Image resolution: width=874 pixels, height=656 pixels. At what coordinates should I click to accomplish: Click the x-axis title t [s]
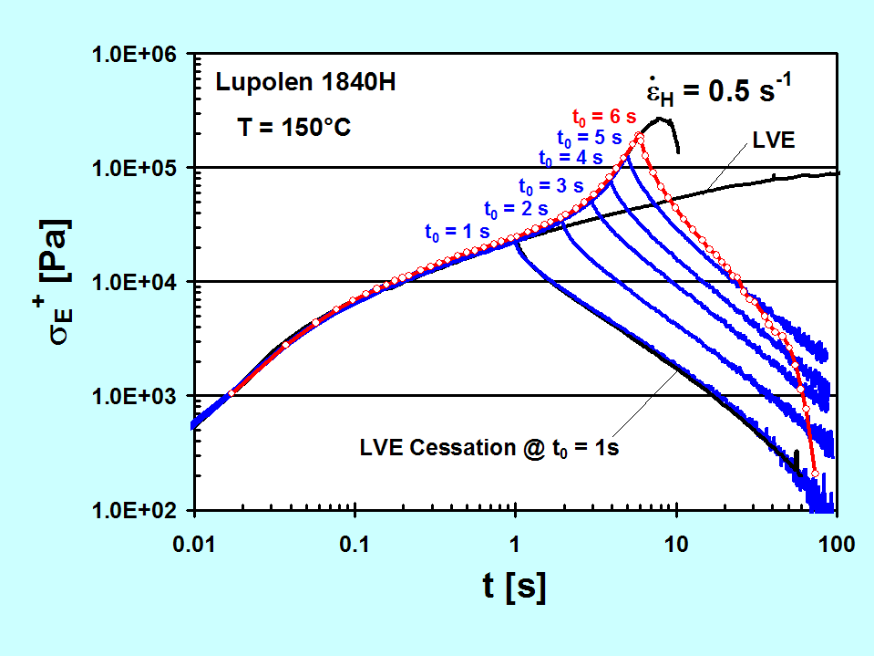coord(515,587)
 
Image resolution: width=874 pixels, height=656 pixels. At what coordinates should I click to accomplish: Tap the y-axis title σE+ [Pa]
coord(57,283)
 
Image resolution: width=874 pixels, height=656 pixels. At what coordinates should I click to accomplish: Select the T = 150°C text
coord(290,128)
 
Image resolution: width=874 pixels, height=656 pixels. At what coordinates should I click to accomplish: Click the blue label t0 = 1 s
coord(457,232)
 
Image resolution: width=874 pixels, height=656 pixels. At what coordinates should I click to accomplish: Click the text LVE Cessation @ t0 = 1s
coord(489,449)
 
